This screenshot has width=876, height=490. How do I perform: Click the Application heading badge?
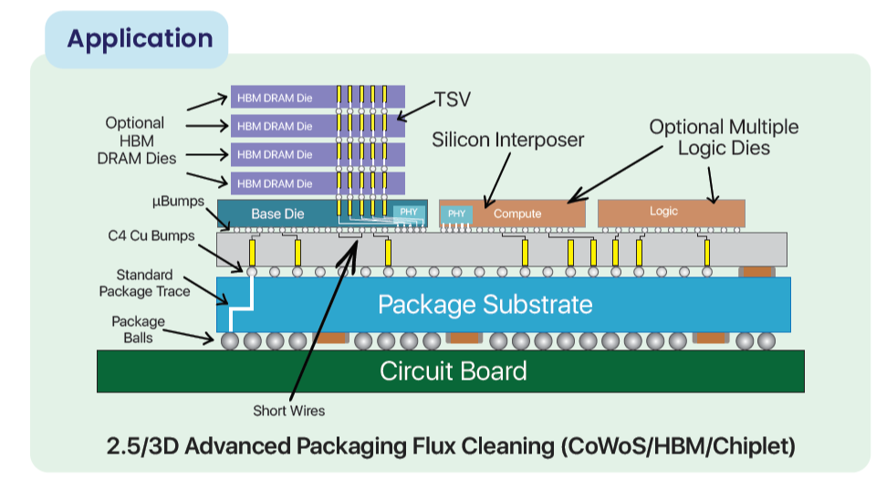point(139,39)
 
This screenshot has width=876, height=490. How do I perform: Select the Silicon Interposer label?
point(507,140)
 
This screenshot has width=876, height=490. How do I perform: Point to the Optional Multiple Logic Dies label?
point(723,137)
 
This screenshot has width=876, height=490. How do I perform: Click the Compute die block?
point(517,214)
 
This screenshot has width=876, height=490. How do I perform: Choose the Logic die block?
point(663,212)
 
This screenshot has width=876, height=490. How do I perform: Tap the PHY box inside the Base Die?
point(408,213)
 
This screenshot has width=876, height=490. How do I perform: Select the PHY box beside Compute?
point(457,214)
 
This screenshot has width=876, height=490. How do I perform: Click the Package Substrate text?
point(485,304)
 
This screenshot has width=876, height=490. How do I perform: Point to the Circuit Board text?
point(453,371)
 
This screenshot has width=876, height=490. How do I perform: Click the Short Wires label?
point(288,410)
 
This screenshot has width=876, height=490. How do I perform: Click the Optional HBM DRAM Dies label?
point(134,141)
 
